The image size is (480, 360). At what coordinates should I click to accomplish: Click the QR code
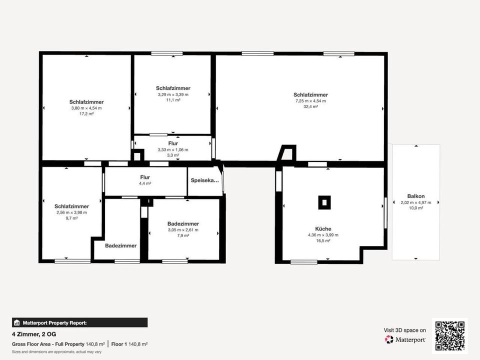point(450,336)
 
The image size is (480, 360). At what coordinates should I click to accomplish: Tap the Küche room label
point(323,229)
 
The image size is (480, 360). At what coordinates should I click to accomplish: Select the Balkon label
point(415,196)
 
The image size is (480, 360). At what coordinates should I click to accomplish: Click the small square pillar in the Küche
point(324,202)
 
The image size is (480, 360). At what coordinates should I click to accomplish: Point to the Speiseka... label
point(205,180)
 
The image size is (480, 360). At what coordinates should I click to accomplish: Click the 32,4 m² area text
point(311,106)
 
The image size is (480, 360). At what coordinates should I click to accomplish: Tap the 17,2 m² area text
point(86,113)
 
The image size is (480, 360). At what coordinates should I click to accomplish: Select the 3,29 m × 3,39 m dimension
point(173,94)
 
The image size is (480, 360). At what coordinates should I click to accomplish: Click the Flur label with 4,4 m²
point(145,177)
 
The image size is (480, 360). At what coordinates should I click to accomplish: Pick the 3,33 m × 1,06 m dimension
point(173,149)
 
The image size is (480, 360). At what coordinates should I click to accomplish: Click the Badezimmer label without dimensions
point(121,245)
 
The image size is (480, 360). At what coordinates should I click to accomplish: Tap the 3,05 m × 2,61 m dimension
point(183,230)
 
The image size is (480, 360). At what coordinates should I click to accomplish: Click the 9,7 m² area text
point(71,218)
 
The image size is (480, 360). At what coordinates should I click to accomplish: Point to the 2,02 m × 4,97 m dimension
point(415,202)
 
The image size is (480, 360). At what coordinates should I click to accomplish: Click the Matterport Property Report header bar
point(80,322)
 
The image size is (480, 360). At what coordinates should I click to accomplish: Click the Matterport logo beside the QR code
point(405,339)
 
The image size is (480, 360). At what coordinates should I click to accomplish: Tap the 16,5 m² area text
point(323,240)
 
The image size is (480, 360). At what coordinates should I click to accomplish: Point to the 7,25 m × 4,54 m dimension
point(311,100)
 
